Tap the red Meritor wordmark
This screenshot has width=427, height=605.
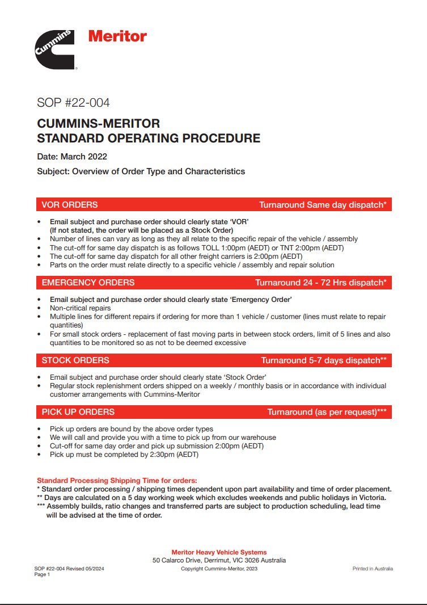point(117,37)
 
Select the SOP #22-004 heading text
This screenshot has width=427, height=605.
point(73,103)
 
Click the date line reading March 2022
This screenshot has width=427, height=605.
point(72,157)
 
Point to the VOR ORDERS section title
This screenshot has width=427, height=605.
point(70,205)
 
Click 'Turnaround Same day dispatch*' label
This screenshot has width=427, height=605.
point(323,205)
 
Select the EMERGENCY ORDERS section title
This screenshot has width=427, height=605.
point(88,282)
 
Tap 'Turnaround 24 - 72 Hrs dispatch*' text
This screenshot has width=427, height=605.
point(320,282)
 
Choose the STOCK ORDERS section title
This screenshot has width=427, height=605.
point(75,360)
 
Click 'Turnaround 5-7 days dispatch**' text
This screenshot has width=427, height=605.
point(324,360)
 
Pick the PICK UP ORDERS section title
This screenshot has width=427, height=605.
point(78,412)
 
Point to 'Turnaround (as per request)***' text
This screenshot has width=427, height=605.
point(327,412)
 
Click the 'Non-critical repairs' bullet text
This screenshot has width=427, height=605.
point(80,308)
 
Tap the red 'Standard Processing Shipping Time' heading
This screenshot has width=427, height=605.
point(117,481)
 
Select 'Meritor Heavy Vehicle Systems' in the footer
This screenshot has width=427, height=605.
point(219,552)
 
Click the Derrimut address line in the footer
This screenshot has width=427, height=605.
point(219,560)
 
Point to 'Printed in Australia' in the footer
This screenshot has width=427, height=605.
point(373,569)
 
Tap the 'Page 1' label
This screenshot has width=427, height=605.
point(43,574)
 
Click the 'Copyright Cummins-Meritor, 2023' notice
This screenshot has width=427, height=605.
point(219,569)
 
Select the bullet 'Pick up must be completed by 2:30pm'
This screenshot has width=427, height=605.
point(124,455)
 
